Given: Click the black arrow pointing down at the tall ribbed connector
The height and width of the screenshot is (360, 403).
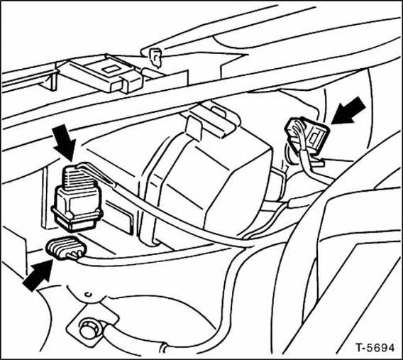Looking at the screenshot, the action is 64,143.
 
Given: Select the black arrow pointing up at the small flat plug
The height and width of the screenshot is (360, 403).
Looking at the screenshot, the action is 38,275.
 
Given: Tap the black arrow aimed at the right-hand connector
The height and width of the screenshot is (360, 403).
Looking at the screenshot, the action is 349,111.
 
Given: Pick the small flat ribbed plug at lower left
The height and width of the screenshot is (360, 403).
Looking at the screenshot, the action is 65,247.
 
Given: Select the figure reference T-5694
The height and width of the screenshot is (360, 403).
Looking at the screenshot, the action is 375,348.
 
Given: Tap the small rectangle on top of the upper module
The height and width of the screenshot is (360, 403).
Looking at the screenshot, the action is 111,69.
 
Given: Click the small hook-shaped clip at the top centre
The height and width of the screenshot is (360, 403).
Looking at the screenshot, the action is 156,59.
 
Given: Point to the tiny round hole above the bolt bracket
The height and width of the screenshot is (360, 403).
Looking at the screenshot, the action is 88,294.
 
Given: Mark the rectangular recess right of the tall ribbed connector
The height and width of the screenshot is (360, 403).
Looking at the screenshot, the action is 119,217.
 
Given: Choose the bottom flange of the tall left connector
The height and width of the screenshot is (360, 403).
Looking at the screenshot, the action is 77,221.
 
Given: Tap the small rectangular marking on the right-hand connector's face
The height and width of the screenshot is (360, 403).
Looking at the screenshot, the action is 315,136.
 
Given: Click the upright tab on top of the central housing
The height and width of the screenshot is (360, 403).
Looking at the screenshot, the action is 194,127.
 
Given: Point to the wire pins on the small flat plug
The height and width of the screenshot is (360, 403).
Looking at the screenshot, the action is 74,255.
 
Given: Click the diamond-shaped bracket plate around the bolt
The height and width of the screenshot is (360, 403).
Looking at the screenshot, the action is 92,324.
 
